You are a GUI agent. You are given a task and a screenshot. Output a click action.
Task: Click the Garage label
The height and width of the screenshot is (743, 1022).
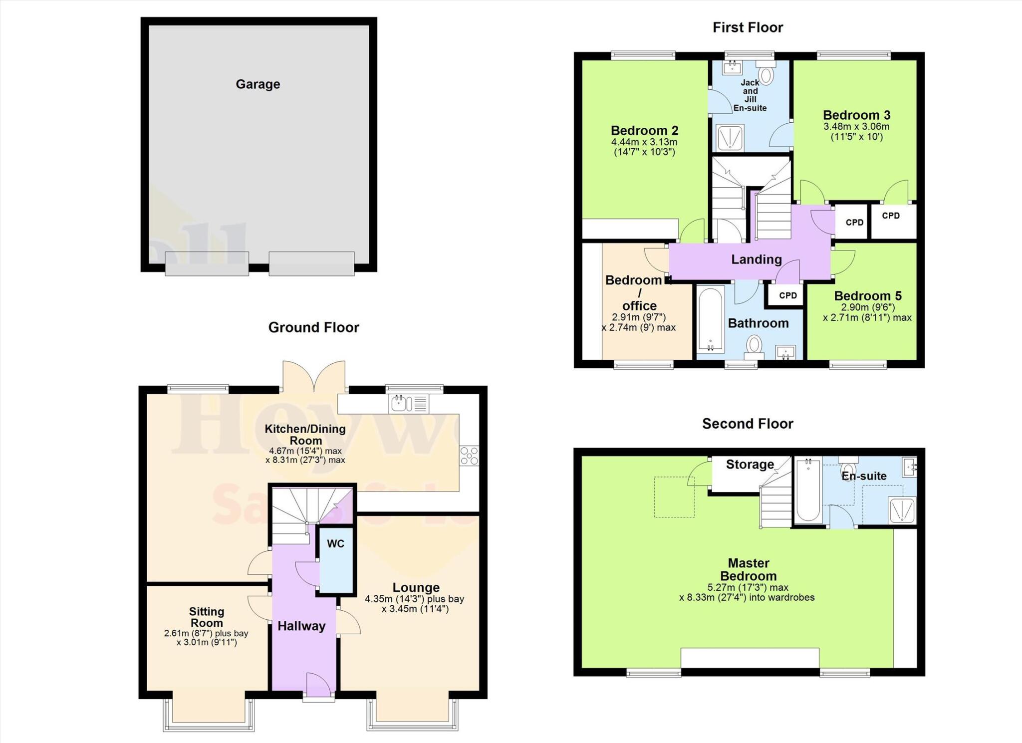click(257, 84)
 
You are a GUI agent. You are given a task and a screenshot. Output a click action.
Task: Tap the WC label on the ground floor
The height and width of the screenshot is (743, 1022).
click(335, 543)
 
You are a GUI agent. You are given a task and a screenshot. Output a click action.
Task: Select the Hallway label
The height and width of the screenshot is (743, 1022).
click(301, 626)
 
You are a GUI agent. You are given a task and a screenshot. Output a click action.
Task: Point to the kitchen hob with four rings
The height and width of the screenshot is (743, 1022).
click(469, 455)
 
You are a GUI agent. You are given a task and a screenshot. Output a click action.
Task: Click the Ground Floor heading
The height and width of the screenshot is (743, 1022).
click(313, 327)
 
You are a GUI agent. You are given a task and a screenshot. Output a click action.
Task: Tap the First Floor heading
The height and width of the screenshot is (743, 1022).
click(748, 27)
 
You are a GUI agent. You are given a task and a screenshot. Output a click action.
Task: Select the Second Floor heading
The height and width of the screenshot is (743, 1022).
click(748, 424)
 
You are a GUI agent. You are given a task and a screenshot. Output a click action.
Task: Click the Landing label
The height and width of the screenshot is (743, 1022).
click(756, 259)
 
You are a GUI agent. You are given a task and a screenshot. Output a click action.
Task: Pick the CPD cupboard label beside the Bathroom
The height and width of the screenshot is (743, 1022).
click(788, 295)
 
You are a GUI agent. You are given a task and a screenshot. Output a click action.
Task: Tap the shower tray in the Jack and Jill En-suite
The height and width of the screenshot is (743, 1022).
click(730, 138)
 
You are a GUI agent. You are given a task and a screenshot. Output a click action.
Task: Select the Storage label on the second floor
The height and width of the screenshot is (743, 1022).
click(750, 465)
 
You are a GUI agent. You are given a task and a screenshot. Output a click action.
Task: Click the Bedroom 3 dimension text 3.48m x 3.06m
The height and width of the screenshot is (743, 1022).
click(856, 127)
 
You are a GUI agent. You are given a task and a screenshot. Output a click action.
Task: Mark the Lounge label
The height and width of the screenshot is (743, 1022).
click(416, 587)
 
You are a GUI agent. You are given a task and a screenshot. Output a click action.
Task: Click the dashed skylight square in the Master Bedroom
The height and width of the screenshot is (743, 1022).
click(674, 496)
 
